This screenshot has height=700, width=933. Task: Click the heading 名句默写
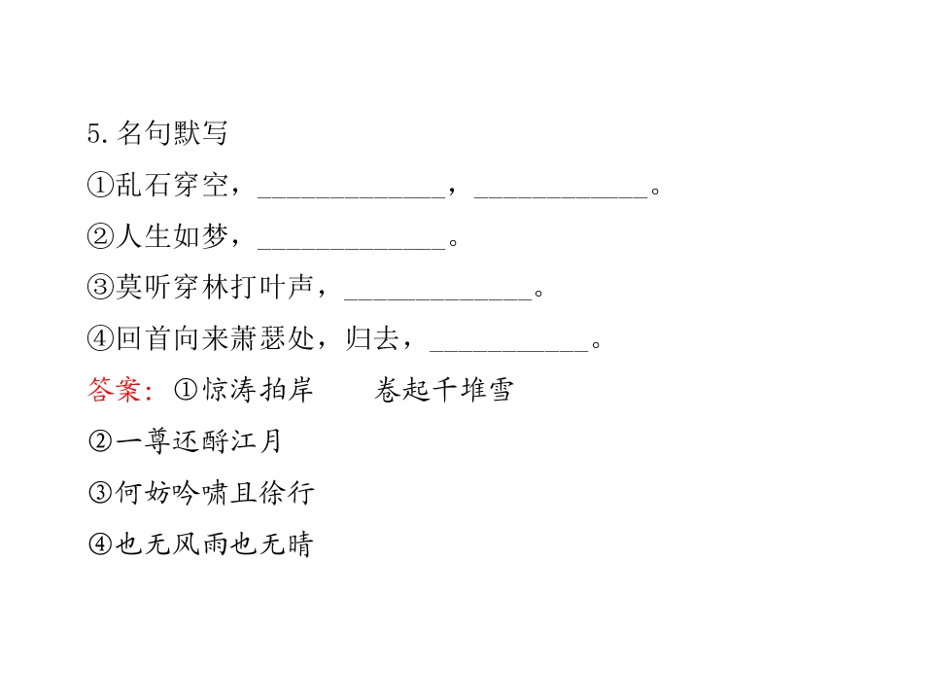tap(173, 133)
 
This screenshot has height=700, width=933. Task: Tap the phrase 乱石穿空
tap(172, 185)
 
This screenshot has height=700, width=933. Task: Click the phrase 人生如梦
tap(172, 235)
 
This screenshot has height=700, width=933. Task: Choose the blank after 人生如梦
tap(352, 248)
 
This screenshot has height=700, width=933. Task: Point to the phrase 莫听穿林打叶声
tap(215, 287)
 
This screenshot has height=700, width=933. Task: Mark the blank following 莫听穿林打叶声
tap(438, 299)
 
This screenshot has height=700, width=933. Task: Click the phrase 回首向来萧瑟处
tap(215, 338)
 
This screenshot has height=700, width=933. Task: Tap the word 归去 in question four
tap(372, 338)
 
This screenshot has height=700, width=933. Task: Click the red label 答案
tap(115, 390)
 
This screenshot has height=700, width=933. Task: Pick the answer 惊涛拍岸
tap(259, 390)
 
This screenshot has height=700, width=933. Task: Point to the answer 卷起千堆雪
tap(444, 390)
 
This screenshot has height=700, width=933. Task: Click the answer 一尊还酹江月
tap(198, 441)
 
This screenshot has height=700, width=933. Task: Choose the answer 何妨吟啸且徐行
tap(215, 492)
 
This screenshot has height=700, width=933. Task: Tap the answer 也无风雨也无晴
tap(214, 543)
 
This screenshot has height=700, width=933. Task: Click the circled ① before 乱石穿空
tap(100, 185)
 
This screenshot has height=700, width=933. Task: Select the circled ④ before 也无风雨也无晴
tap(100, 543)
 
